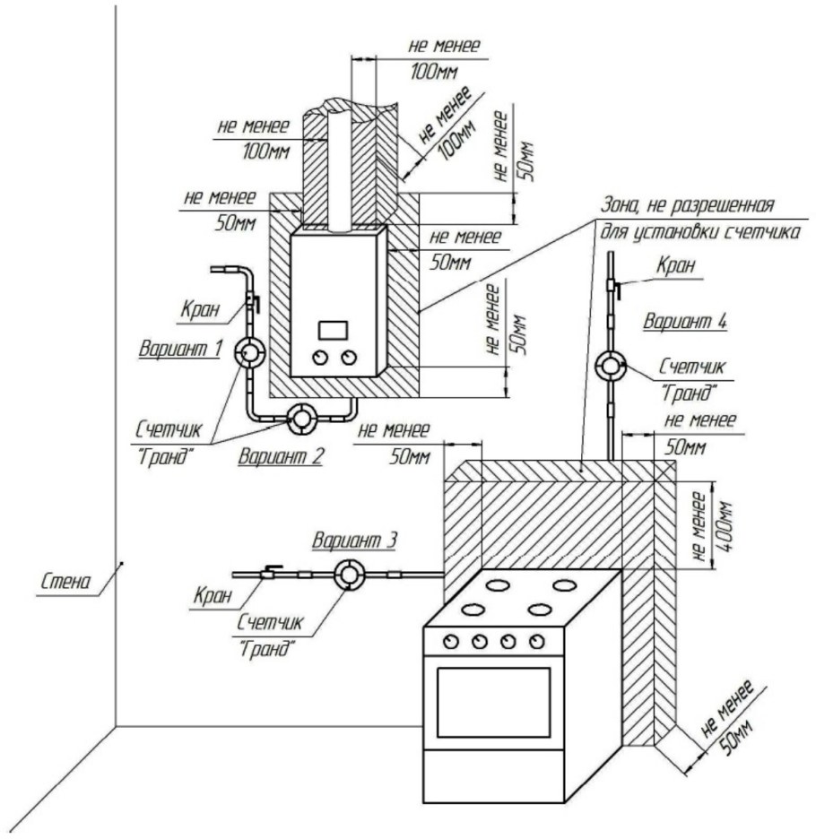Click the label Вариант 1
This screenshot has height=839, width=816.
[179, 349]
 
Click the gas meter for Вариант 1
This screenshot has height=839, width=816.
[249, 353]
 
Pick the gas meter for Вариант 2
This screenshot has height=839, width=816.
[300, 417]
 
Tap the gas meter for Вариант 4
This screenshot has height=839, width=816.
[612, 366]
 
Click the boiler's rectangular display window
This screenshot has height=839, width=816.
[334, 329]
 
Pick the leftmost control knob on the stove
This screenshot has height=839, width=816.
[451, 641]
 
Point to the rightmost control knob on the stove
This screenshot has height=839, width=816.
[536, 641]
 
